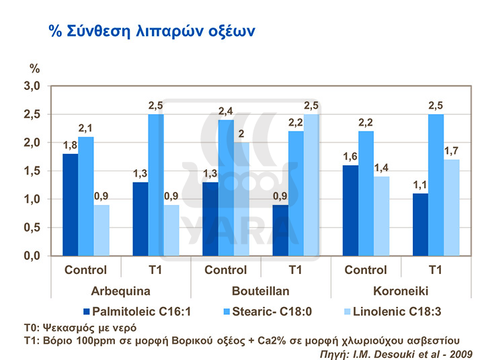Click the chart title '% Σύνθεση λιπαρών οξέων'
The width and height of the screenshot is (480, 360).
point(151,31)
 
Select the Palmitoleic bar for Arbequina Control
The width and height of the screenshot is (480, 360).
point(70,205)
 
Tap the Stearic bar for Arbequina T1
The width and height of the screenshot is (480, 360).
point(155,185)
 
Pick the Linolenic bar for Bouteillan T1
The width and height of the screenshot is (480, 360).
point(311,185)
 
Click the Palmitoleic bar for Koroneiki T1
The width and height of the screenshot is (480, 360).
point(419,224)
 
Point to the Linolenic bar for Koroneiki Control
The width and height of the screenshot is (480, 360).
point(381,216)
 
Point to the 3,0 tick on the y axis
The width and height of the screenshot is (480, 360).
point(33,86)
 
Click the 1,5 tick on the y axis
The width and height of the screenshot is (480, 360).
point(33,171)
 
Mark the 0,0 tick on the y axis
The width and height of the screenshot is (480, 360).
point(33,256)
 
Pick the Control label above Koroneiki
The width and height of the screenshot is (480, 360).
point(365,271)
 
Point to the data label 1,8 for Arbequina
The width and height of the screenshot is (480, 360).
point(71,146)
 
